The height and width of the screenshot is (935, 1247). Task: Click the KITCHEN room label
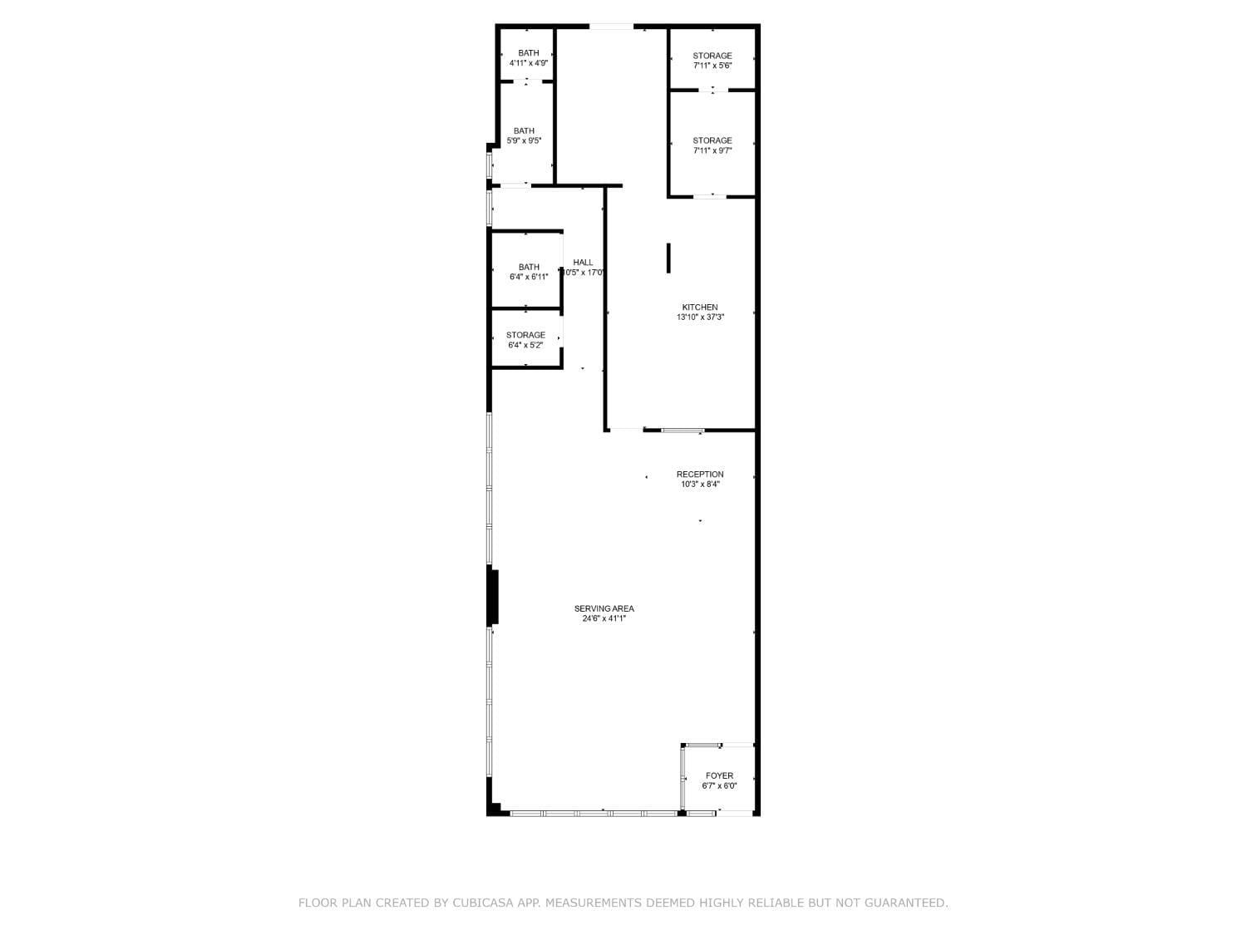click(x=699, y=308)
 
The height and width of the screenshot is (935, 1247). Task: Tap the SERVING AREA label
click(x=604, y=608)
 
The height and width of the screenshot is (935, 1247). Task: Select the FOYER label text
click(x=718, y=775)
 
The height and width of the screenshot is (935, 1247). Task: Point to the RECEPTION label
click(x=699, y=474)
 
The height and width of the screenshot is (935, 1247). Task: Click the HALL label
click(x=582, y=263)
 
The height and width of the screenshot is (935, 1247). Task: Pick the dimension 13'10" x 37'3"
click(x=699, y=317)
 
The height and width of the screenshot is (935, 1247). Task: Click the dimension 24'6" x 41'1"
click(x=604, y=619)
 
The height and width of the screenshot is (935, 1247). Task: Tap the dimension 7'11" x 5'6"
click(x=712, y=66)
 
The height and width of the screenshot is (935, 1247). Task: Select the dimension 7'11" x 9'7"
click(x=712, y=151)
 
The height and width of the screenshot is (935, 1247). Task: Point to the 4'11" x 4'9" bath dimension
click(x=529, y=63)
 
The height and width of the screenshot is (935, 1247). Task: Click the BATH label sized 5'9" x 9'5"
click(x=524, y=130)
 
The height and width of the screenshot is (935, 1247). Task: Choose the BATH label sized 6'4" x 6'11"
click(x=529, y=267)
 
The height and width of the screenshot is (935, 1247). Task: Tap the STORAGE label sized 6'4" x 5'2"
click(x=525, y=335)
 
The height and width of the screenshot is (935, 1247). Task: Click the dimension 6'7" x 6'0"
click(x=718, y=786)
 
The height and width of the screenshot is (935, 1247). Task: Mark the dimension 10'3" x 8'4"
click(x=699, y=485)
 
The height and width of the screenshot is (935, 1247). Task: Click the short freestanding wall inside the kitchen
click(x=668, y=258)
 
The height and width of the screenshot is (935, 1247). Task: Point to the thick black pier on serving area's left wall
click(x=492, y=598)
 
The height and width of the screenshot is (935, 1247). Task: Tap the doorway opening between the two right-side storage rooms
click(x=712, y=90)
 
